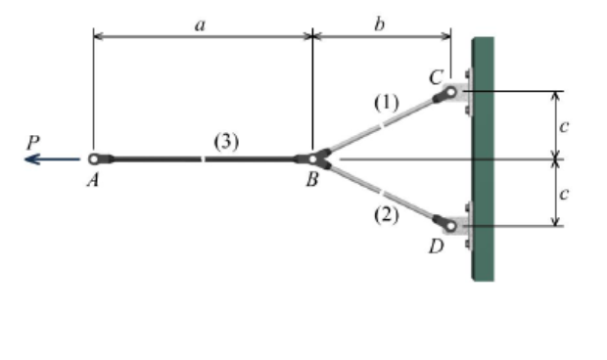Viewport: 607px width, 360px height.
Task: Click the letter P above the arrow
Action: pos(35,141)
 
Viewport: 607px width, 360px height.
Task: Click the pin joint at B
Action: pos(312,158)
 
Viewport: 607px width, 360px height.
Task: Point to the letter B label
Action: pos(311,180)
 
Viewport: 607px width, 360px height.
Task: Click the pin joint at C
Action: pos(450,93)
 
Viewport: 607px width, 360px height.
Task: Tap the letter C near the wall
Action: pos(436,75)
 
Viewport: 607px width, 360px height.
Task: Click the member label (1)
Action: pos(388,101)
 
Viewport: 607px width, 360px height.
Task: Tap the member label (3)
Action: pos(225,142)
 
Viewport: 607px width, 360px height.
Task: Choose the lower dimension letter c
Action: pos(564,194)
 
